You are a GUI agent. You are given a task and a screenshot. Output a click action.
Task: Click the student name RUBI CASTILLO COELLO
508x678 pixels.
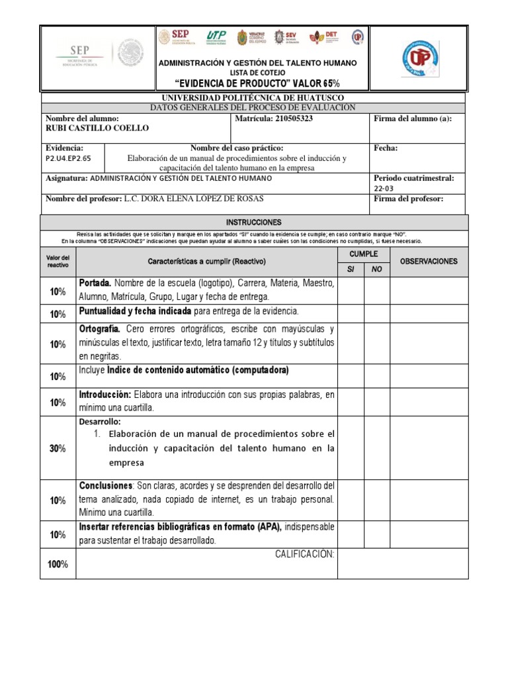point(97,128)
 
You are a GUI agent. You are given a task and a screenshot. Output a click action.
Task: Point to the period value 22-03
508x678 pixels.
point(383,188)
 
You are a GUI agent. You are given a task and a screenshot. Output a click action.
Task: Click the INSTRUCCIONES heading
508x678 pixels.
point(254,222)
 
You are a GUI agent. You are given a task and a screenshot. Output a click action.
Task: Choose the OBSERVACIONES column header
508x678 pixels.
point(429,262)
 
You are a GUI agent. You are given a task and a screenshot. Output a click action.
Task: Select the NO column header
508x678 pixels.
point(376,269)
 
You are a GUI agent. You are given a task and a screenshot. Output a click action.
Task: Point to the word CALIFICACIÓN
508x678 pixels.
point(304,554)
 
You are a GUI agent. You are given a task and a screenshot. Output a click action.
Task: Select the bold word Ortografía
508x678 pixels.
point(99,329)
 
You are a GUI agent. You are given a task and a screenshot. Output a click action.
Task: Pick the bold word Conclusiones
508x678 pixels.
point(106,485)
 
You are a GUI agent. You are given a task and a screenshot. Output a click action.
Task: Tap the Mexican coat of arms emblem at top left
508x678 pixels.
point(130,53)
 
